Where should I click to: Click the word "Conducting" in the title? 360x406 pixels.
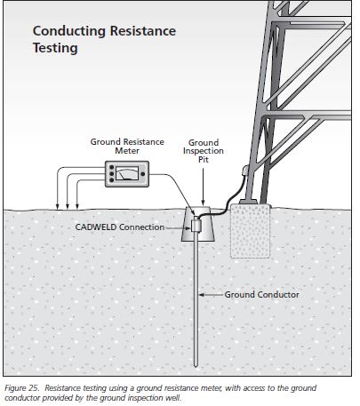point(69,32)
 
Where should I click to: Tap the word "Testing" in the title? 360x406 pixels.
point(55,48)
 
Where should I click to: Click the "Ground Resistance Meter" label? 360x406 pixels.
point(127,147)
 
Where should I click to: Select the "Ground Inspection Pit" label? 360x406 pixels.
point(204,151)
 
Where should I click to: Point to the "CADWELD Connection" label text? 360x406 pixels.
point(120,227)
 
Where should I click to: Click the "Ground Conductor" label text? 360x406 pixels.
point(261,295)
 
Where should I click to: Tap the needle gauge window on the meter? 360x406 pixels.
point(127,173)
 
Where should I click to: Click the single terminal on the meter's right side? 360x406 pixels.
point(142,174)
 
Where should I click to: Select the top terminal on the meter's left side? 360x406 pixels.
point(111,168)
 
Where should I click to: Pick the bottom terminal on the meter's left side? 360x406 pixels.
point(111,179)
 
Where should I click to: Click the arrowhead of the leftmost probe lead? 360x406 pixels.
point(57,206)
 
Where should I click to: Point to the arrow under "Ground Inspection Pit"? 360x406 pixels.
point(203,187)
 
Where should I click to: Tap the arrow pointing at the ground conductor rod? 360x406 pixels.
point(212,295)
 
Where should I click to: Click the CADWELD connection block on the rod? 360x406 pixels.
point(196,225)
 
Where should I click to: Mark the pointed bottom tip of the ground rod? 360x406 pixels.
point(196,367)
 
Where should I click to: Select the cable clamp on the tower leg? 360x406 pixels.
point(245,171)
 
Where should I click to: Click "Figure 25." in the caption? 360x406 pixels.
point(21,388)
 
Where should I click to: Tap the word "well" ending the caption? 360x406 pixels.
point(173,398)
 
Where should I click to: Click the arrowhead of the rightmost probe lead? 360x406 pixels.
point(77,206)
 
